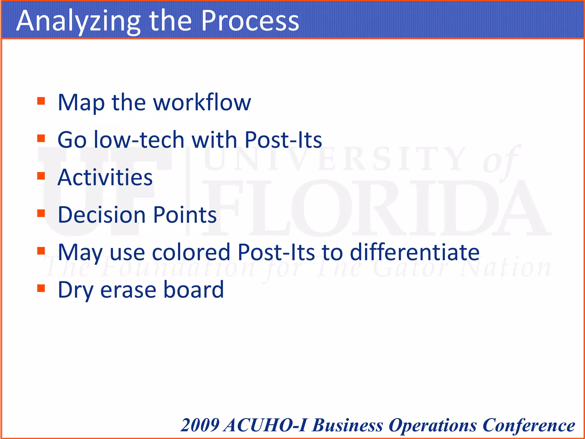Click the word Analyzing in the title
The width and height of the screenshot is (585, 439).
tap(79, 21)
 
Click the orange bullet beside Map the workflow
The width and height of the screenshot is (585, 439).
tap(41, 101)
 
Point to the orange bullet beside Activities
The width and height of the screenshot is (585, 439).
tap(41, 176)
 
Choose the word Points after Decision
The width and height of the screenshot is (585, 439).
tap(185, 215)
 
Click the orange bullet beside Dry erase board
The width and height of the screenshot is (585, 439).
tap(41, 288)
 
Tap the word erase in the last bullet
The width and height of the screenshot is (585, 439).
tap(128, 290)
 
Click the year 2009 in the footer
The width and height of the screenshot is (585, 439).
tap(200, 425)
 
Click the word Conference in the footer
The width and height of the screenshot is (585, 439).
tap(528, 425)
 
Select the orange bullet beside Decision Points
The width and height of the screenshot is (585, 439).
tap(41, 213)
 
